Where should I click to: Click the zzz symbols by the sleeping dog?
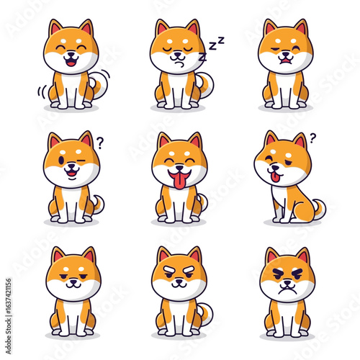point(212,49)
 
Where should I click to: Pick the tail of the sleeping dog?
point(207,86)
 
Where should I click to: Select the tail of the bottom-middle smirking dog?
point(206,313)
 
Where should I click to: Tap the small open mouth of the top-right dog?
point(287,62)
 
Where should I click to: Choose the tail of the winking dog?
point(98,204)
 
